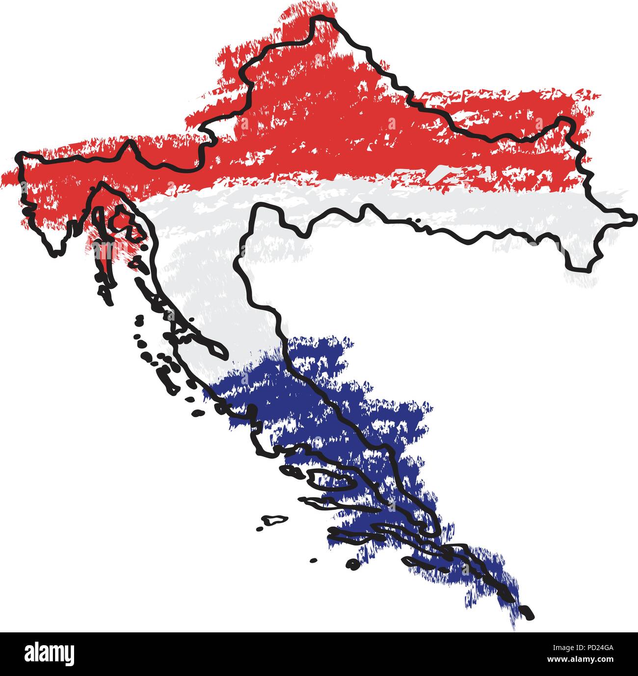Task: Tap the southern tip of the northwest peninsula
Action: pyautogui.click(x=56, y=252)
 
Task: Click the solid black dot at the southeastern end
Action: pyautogui.click(x=527, y=613)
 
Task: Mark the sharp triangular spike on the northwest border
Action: pyautogui.click(x=129, y=143)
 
